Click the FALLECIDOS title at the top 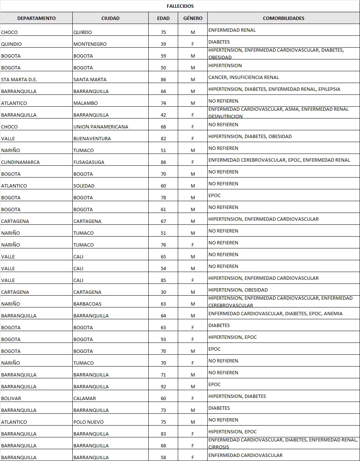click(180, 6)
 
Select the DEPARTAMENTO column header click(36, 18)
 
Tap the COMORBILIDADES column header click(283, 18)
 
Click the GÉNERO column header click(193, 18)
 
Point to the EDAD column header click(163, 18)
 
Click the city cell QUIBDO click(83, 32)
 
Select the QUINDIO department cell click(11, 44)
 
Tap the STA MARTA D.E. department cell click(19, 79)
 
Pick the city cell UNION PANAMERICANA click(101, 127)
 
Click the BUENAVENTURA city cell click(92, 138)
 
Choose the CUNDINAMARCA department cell click(20, 162)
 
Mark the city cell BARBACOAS click(87, 304)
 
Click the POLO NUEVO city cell click(89, 422)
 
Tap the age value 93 click(163, 339)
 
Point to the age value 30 click(163, 292)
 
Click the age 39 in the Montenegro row click(163, 44)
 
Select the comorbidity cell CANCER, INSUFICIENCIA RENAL click(243, 77)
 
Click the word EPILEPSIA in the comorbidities click(329, 89)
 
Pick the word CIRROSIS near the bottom click(219, 447)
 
